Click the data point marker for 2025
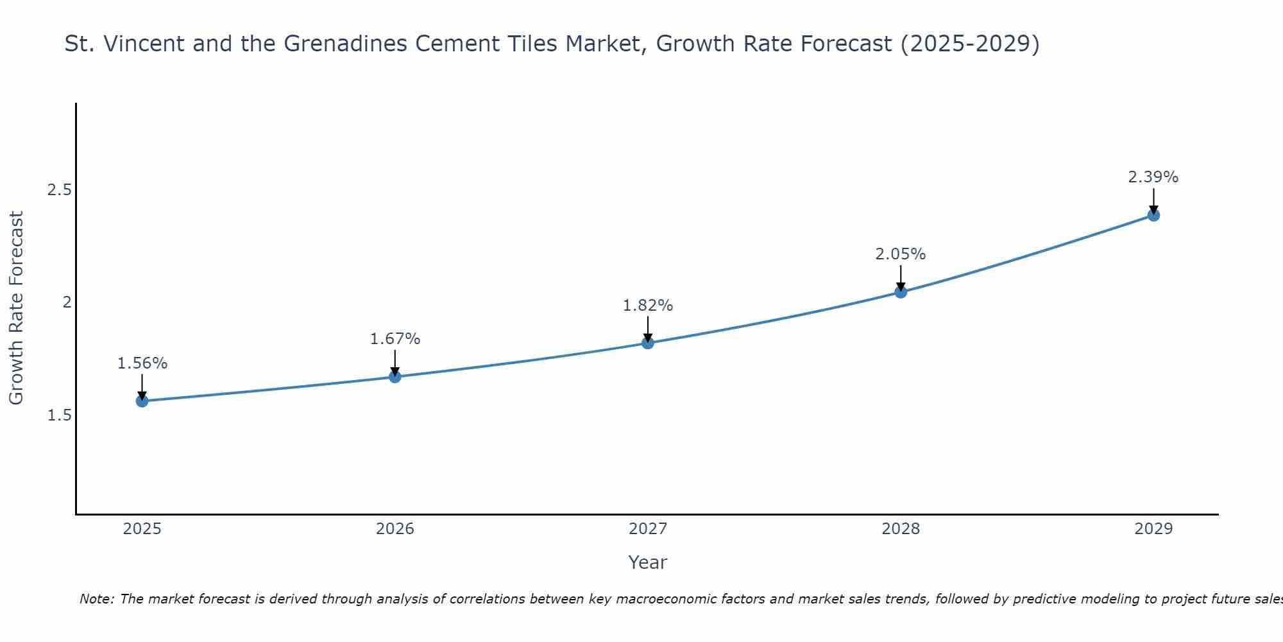click(142, 401)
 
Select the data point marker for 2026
click(395, 377)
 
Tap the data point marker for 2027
click(648, 343)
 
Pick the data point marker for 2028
click(901, 292)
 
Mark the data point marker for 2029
click(1153, 215)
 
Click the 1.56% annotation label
click(142, 363)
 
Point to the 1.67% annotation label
click(395, 339)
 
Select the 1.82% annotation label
click(648, 306)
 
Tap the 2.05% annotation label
click(901, 254)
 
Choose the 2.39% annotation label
click(1153, 177)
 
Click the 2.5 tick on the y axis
click(59, 190)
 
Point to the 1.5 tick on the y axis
click(59, 415)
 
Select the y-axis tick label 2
click(67, 302)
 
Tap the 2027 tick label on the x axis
click(648, 529)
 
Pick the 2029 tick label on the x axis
click(1153, 529)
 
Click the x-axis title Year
click(648, 562)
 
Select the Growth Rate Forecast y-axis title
click(16, 308)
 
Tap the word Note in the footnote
click(96, 599)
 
